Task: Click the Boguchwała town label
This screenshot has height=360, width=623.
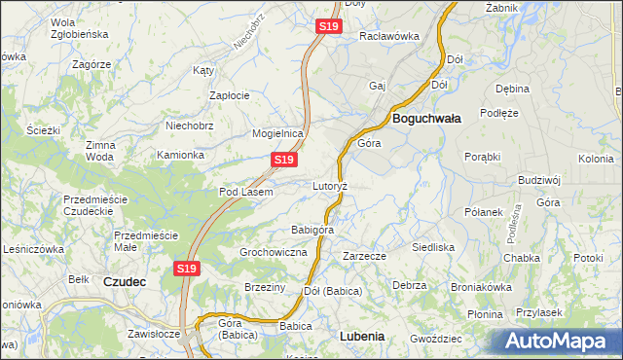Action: coord(426,118)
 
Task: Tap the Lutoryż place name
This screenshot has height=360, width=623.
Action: coord(330,185)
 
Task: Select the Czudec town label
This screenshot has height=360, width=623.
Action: coord(124,281)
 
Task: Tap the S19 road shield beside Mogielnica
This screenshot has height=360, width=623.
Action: coord(283,159)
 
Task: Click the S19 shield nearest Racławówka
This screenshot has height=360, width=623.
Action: coord(329,27)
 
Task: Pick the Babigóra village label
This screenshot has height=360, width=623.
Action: coord(312,230)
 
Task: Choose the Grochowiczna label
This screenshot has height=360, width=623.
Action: coord(274,252)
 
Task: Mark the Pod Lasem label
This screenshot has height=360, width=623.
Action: coord(245,192)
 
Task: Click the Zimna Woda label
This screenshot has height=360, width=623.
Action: coord(100,151)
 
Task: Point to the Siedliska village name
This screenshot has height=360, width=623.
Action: coord(433,247)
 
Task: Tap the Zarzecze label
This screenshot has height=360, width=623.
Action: coord(365,256)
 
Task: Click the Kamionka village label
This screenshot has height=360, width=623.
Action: coord(181,155)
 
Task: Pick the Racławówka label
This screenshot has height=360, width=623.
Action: coord(388,36)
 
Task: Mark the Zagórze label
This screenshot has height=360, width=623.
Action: coord(92,63)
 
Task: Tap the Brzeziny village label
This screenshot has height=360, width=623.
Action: coord(265,287)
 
